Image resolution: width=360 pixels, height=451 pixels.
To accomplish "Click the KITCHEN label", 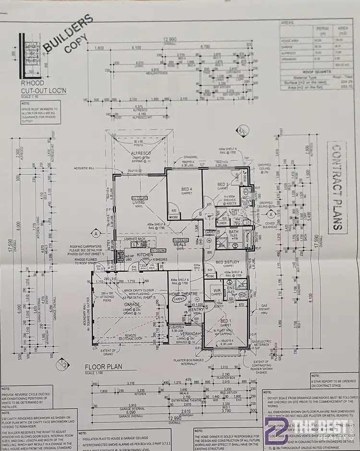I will [x=145, y=255].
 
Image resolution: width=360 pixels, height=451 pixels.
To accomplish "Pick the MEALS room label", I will [x=180, y=244].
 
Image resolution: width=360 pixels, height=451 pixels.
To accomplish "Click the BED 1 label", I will [x=226, y=320].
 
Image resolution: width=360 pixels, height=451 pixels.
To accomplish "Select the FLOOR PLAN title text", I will [x=103, y=366].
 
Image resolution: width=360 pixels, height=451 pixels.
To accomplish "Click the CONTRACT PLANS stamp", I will [x=339, y=188].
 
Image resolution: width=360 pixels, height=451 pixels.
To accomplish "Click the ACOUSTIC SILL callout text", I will [x=85, y=168].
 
